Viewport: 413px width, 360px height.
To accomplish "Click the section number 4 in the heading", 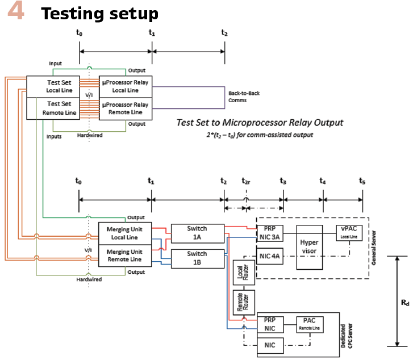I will pyautogui.click(x=16, y=13).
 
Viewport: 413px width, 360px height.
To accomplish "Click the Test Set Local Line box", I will pyautogui.click(x=59, y=86).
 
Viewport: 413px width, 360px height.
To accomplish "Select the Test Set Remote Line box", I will pyautogui.click(x=59, y=108).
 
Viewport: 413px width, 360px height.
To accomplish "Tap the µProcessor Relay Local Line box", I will pyautogui.click(x=126, y=86).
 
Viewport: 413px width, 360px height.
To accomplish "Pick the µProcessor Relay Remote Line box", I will pyautogui.click(x=126, y=108).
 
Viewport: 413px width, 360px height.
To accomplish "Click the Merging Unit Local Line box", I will pyautogui.click(x=125, y=233).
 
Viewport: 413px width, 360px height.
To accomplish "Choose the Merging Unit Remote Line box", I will pyautogui.click(x=125, y=255).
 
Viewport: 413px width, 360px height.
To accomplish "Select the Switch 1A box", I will pyautogui.click(x=197, y=232).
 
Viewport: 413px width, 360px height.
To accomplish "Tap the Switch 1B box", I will pyautogui.click(x=197, y=259).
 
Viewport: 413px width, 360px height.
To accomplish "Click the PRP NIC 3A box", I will pyautogui.click(x=269, y=233).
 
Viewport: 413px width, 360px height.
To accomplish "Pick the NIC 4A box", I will pyautogui.click(x=269, y=256).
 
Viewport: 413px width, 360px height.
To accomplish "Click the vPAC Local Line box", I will pyautogui.click(x=349, y=232).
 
